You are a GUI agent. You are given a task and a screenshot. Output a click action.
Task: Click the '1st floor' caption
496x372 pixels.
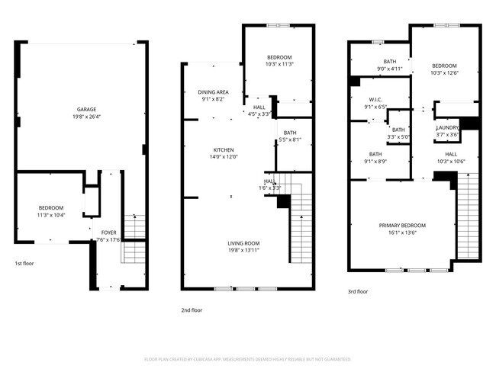(x=24, y=264)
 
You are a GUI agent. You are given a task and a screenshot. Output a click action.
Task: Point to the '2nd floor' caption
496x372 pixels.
(x=192, y=310)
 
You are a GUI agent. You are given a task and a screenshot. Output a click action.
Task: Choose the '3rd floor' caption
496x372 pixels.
(x=358, y=291)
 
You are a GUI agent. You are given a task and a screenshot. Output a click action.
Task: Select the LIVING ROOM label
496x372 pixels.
(x=243, y=243)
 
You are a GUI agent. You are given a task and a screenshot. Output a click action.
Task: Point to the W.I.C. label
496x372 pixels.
(x=375, y=99)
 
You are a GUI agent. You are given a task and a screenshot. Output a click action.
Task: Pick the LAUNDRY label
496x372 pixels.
(x=447, y=128)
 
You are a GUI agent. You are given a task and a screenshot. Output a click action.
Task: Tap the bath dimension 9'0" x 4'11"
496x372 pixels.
(x=390, y=69)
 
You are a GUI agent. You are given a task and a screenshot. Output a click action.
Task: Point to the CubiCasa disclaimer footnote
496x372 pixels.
(x=247, y=358)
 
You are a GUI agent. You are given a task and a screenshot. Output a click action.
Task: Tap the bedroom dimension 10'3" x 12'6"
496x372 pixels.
(x=444, y=73)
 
